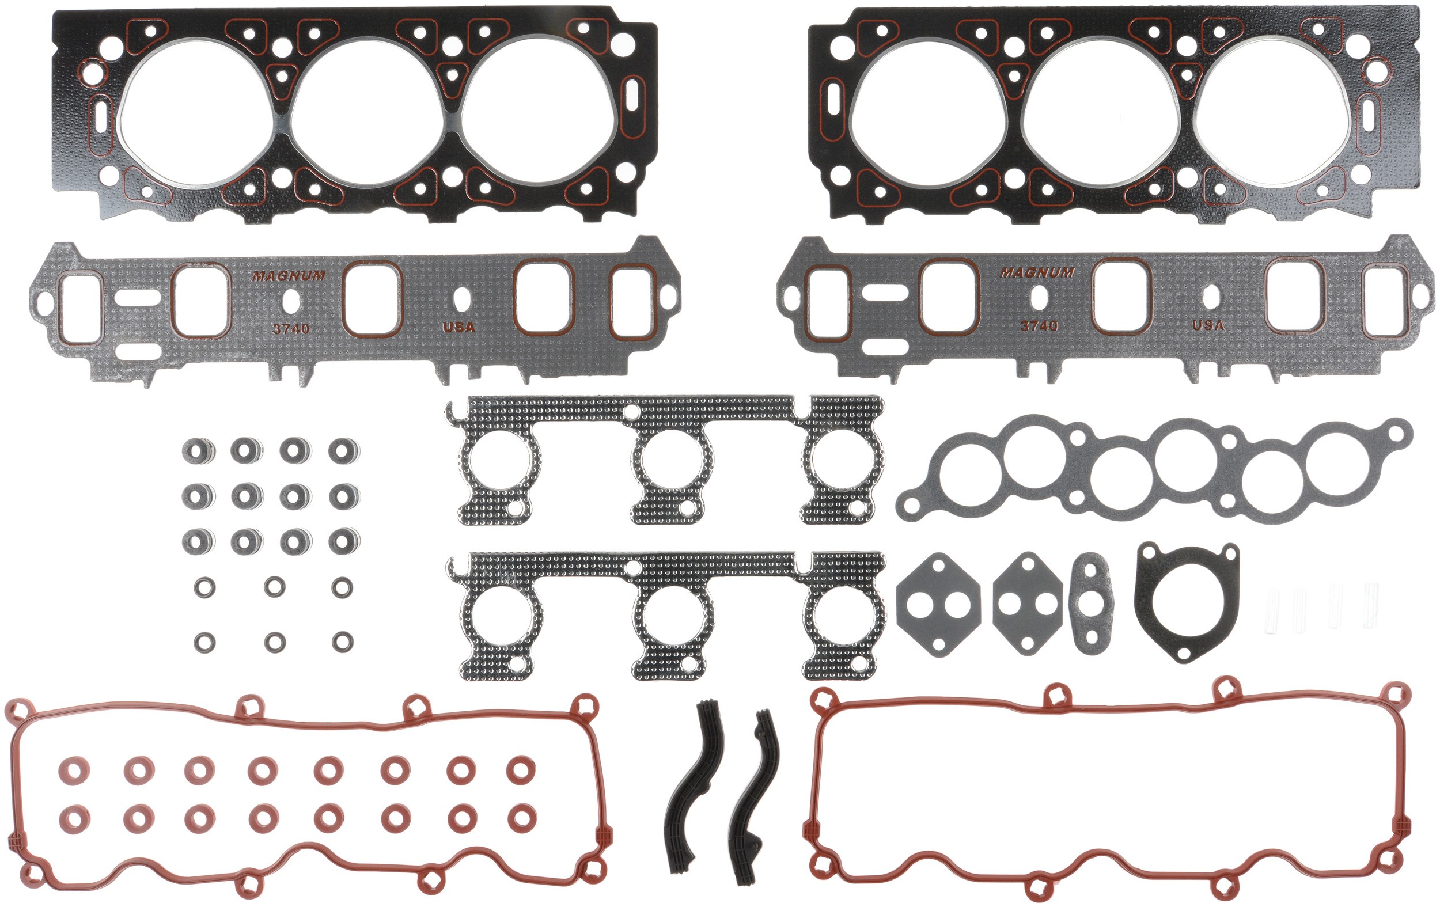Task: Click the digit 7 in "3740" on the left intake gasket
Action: click(x=289, y=329)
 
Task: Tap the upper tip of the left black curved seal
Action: click(x=706, y=703)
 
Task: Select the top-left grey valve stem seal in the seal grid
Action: click(x=198, y=450)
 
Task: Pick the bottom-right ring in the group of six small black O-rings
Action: click(x=342, y=642)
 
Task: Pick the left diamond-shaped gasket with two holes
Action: click(x=938, y=605)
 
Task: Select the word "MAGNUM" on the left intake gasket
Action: click(x=288, y=276)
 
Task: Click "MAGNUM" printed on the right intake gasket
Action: click(x=1037, y=272)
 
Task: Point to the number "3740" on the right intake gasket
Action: click(x=1039, y=326)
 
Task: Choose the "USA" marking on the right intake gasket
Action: click(x=1208, y=325)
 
